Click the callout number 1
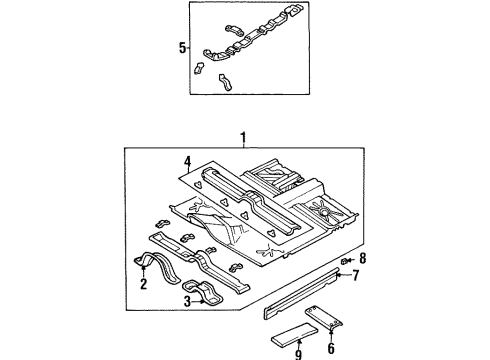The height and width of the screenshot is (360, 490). [x=241, y=138]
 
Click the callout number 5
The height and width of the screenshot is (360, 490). [x=180, y=46]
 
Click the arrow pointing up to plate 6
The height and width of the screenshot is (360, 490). [x=331, y=329]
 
